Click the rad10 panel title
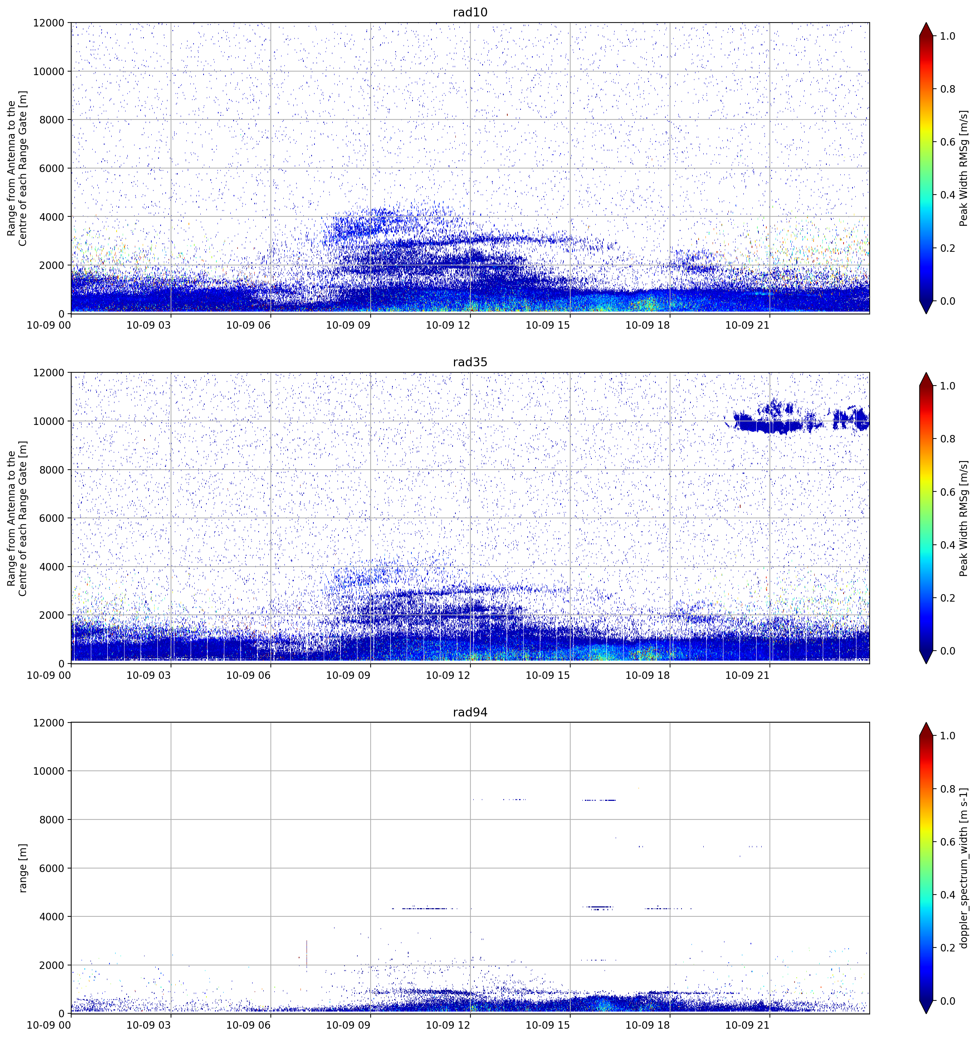point(470,13)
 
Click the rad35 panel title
point(470,362)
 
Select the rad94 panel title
point(470,712)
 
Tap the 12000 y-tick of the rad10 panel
point(49,23)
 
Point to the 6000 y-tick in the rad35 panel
point(52,519)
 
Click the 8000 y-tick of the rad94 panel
point(52,820)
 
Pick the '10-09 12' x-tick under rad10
point(448,325)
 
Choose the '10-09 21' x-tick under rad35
point(747,675)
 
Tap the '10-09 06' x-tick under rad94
point(249,1025)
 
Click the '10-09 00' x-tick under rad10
point(49,325)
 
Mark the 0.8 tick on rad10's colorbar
point(948,89)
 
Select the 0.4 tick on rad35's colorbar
point(948,545)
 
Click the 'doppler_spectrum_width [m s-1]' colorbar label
point(964,868)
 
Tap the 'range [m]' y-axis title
point(23,868)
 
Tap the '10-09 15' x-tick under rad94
point(548,1025)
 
